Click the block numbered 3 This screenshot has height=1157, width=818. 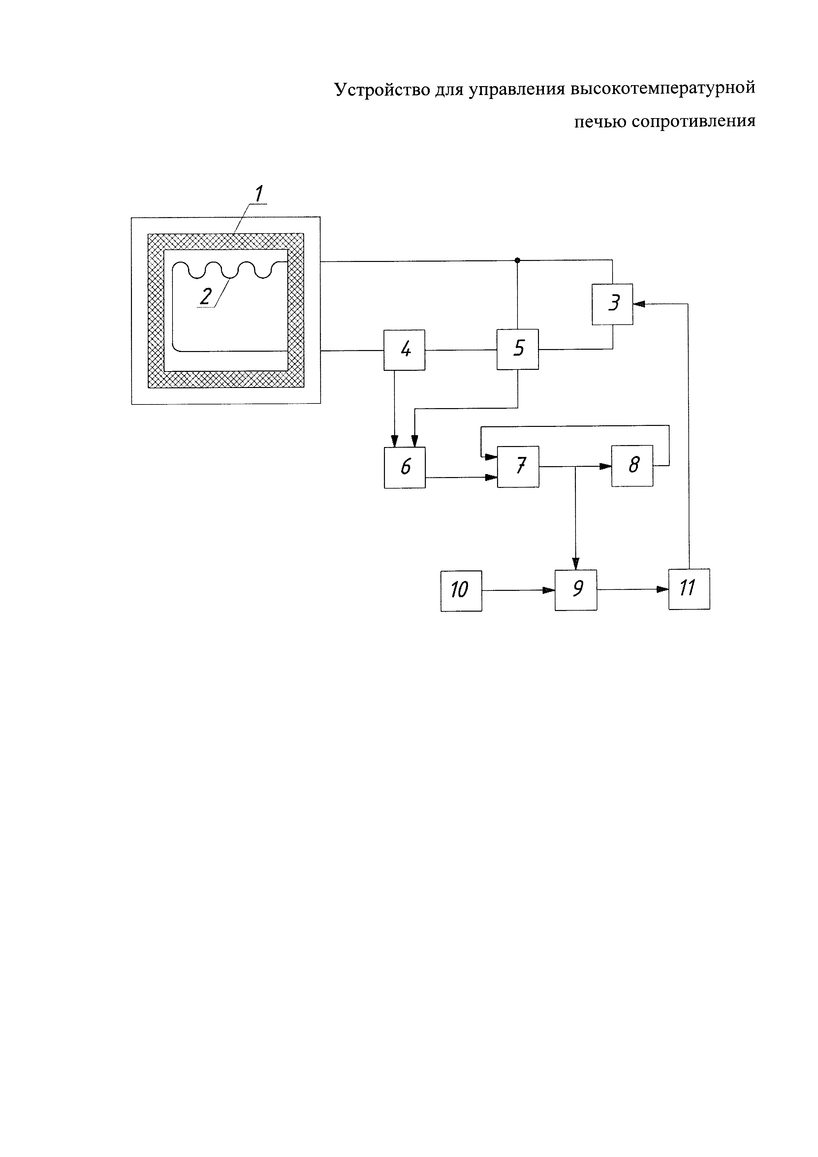pyautogui.click(x=613, y=305)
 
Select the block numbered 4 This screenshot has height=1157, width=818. pyautogui.click(x=404, y=350)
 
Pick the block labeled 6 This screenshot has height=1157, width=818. pyautogui.click(x=404, y=467)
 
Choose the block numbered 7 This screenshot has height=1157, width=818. pyautogui.click(x=518, y=466)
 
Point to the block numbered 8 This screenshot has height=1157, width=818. pyautogui.click(x=632, y=466)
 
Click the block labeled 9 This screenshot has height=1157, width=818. pyautogui.click(x=576, y=590)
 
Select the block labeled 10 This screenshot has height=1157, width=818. pyautogui.click(x=461, y=591)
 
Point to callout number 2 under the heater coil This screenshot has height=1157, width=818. pyautogui.click(x=205, y=296)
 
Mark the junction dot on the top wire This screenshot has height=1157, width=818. pyautogui.click(x=517, y=260)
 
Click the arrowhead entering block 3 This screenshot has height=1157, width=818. pyautogui.click(x=639, y=304)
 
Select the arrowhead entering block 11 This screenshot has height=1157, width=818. pyautogui.click(x=663, y=589)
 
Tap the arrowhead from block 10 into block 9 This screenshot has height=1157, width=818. pyautogui.click(x=549, y=590)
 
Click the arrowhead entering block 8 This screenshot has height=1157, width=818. pyautogui.click(x=606, y=466)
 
